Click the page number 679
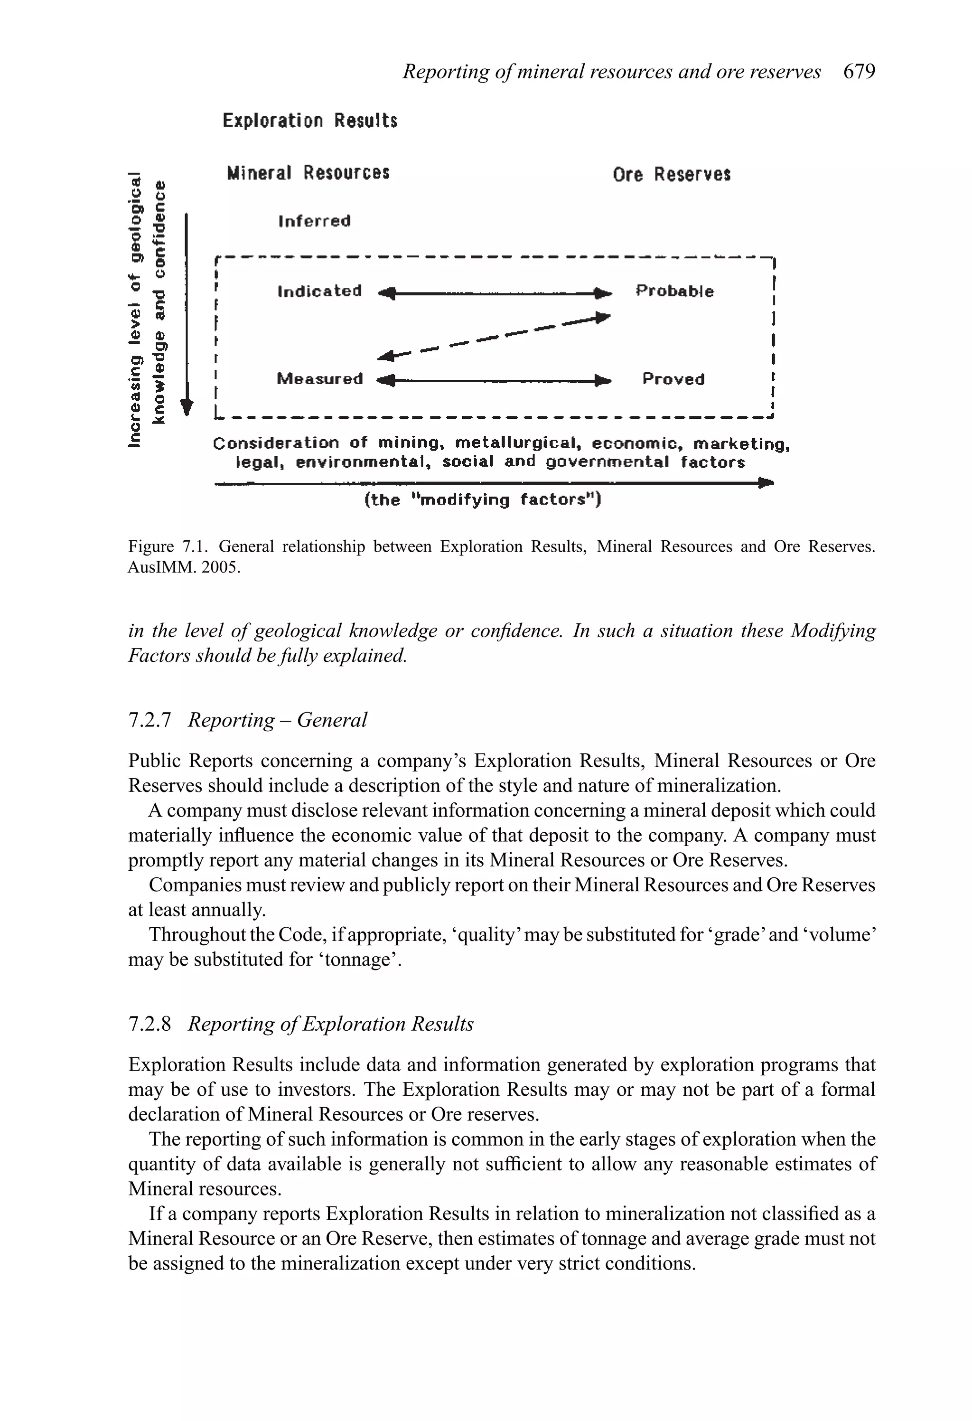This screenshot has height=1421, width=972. [x=859, y=72]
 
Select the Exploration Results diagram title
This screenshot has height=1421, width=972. [x=310, y=121]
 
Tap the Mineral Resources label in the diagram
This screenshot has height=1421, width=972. [x=308, y=173]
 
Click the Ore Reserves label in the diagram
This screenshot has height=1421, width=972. [x=671, y=175]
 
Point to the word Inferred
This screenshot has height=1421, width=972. [x=314, y=221]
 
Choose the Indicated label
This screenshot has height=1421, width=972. [x=319, y=291]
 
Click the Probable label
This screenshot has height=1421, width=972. [x=674, y=291]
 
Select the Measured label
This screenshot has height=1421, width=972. [x=319, y=379]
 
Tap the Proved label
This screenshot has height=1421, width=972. [x=673, y=380]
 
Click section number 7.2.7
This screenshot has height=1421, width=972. [x=149, y=720]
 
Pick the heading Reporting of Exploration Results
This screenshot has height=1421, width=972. [x=330, y=1024]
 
